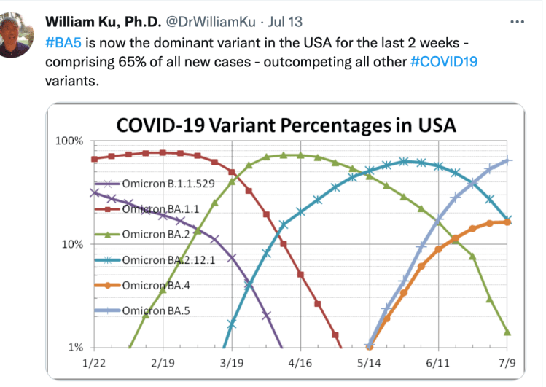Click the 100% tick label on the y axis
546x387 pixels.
70,141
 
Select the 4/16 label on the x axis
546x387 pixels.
300,362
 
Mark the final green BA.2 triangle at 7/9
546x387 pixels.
507,332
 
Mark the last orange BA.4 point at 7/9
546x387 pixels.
507,222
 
